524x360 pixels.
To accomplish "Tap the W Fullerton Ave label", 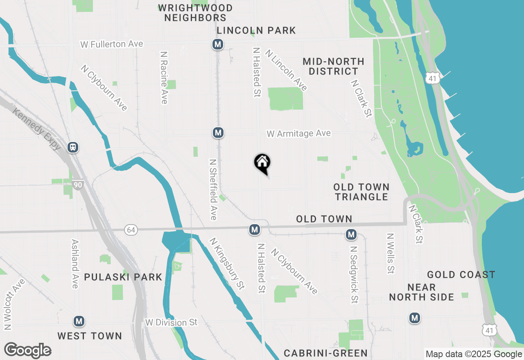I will point(112,44).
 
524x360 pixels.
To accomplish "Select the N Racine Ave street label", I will point(164,77).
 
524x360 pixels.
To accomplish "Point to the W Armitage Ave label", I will point(298,134).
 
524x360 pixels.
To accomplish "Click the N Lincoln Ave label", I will point(286,70).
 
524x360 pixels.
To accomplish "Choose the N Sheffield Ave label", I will point(213,189).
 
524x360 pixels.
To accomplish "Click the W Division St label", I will point(171,322).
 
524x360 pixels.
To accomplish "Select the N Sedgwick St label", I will point(354,274).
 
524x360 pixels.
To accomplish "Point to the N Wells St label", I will point(390,253).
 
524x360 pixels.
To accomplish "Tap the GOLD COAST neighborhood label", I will point(461,274).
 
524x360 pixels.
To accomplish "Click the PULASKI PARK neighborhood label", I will point(123,277).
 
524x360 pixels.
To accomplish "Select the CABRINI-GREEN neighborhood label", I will point(326,353).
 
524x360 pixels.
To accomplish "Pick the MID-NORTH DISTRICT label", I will point(334,66).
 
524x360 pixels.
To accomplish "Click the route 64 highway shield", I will point(131,230).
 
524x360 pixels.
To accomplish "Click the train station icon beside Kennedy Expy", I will point(73,147).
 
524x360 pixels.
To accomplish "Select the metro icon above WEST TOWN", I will point(79,321).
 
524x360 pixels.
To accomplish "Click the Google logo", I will point(28,351).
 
